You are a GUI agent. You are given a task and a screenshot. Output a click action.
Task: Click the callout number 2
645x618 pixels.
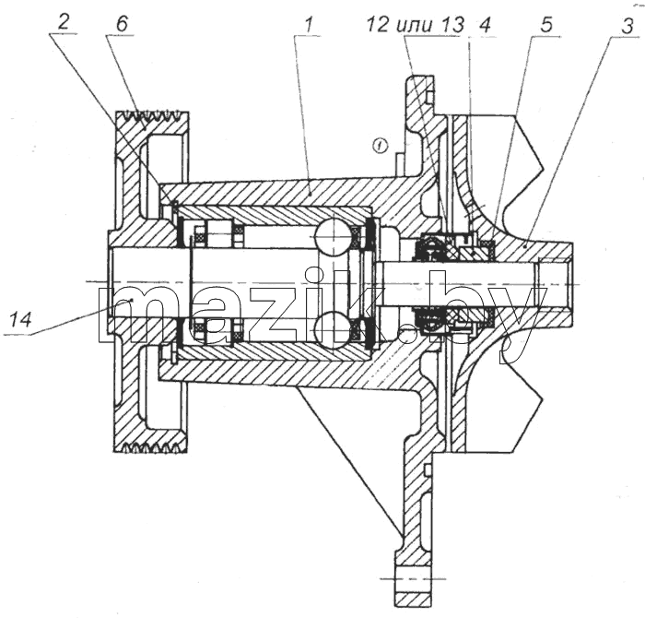coord(62,23)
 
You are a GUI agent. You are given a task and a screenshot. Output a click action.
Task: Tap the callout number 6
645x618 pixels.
coord(122,24)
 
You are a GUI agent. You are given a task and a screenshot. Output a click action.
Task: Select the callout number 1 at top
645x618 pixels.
coord(309,26)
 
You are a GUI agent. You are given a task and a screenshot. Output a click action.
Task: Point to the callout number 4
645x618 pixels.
coord(485,25)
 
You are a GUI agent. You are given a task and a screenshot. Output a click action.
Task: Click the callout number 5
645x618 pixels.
coord(545,26)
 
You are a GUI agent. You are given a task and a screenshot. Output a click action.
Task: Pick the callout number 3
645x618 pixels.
coord(627,27)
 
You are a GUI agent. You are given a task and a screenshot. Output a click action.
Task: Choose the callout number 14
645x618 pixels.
coord(20,319)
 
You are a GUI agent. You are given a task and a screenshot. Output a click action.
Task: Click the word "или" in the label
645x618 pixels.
coord(415,25)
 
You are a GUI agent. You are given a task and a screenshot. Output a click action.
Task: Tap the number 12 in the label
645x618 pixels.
coord(377,25)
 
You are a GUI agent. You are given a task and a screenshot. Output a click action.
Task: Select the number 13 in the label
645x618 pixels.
coord(452,25)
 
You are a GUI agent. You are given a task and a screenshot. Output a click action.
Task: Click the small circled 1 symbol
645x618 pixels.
coord(381,146)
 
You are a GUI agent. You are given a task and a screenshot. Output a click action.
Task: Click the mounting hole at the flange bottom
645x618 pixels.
coord(415,579)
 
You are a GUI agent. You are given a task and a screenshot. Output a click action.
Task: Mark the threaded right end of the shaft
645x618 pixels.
coord(554,284)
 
